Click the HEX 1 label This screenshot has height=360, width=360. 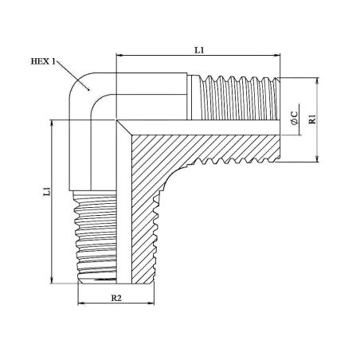[x=43, y=61]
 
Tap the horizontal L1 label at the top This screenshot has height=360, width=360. [x=199, y=50]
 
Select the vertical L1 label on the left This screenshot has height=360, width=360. [x=47, y=192]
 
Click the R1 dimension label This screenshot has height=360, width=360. [x=313, y=119]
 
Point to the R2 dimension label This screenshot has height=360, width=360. [x=116, y=298]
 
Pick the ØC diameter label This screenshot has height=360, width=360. [x=295, y=118]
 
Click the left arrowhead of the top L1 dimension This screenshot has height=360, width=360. [x=119, y=55]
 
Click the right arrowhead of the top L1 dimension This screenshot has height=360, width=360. [x=277, y=55]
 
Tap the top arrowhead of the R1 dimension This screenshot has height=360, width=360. [x=318, y=80]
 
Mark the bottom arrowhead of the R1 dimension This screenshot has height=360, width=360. [x=318, y=159]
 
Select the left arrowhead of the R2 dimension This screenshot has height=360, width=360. [x=80, y=303]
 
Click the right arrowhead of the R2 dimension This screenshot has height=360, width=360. [x=151, y=303]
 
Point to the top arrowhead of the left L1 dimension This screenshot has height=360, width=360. [x=52, y=123]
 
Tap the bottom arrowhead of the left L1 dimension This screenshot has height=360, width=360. [x=52, y=280]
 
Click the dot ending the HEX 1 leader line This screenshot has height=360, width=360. [x=88, y=90]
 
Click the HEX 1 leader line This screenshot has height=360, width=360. [x=72, y=76]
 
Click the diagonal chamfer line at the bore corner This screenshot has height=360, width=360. [x=124, y=127]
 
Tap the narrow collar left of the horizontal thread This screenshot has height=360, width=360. [x=190, y=97]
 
